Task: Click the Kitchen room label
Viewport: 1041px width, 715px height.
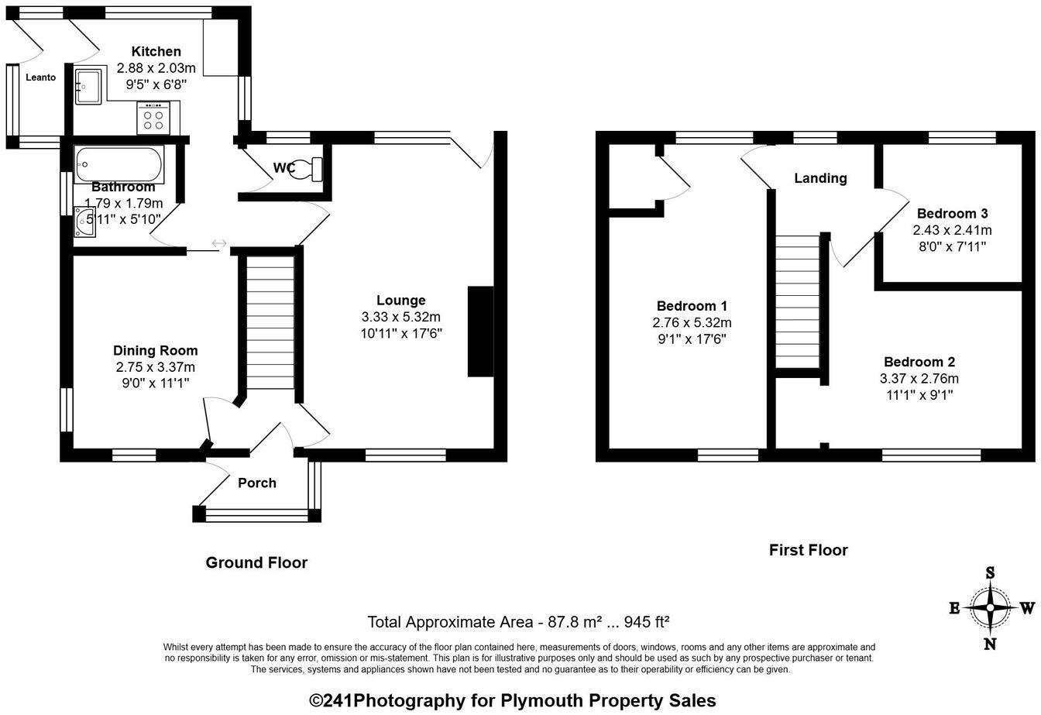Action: [x=156, y=52]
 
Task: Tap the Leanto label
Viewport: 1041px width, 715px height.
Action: [x=40, y=77]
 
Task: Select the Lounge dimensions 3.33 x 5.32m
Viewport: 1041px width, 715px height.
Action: [x=400, y=317]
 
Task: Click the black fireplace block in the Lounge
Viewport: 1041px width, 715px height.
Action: [x=480, y=332]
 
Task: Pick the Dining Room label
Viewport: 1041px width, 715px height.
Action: [x=155, y=351]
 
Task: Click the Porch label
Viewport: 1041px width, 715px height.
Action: [x=257, y=483]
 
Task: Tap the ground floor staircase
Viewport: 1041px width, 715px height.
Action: [x=270, y=322]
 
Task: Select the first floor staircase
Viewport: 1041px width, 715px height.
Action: [x=798, y=302]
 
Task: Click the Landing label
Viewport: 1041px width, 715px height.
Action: [x=820, y=179]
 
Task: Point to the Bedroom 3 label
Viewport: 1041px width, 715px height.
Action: [x=952, y=214]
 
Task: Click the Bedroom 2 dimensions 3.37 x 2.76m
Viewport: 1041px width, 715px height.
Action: [x=919, y=379]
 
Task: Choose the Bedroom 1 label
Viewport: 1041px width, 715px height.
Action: [x=692, y=306]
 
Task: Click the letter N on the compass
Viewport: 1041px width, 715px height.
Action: [x=989, y=643]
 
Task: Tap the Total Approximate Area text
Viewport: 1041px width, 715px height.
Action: [x=518, y=622]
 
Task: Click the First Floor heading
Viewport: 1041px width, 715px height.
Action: [x=808, y=550]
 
